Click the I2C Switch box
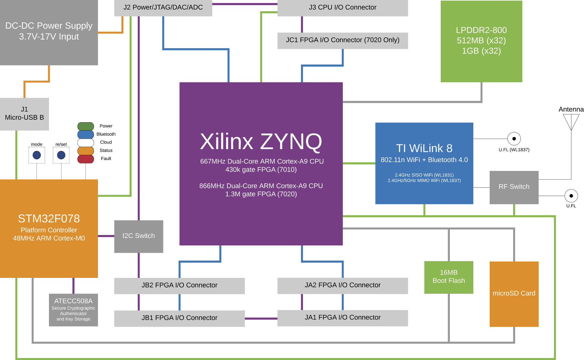(x=139, y=236)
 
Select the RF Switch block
(x=514, y=187)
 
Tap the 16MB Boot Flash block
(x=449, y=277)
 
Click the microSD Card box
(x=514, y=294)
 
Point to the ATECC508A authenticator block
(x=73, y=310)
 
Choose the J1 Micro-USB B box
(x=24, y=114)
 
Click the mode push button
(x=37, y=155)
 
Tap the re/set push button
(x=61, y=155)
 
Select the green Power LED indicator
(x=86, y=126)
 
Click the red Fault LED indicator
(x=86, y=159)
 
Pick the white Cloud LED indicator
(x=86, y=143)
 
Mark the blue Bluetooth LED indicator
(x=86, y=134)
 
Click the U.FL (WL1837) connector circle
(x=514, y=139)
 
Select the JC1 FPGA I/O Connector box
(x=342, y=41)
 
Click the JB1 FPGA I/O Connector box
(x=179, y=318)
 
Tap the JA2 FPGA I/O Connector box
(x=342, y=286)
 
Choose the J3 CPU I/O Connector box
(x=342, y=8)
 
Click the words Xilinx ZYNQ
(x=261, y=142)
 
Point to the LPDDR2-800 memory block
(x=481, y=41)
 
